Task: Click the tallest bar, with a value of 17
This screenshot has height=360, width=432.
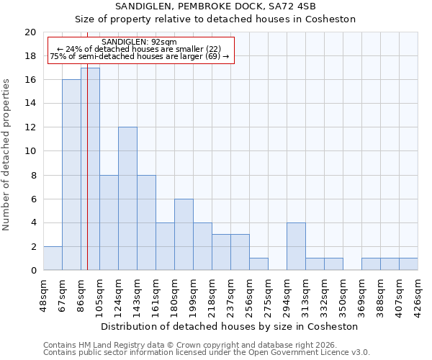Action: coord(90,169)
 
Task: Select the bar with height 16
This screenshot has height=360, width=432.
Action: coord(71,175)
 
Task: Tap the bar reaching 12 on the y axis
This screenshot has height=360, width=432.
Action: coord(127,199)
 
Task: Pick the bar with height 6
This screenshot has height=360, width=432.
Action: coord(184,235)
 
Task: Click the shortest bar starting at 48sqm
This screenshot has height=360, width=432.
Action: coord(53,258)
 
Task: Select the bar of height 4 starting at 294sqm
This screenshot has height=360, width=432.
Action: coord(296,246)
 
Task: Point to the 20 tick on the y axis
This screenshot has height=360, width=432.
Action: coord(30,32)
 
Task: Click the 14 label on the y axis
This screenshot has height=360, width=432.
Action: coord(30,104)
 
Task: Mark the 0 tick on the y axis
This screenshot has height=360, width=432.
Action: coord(32,271)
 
